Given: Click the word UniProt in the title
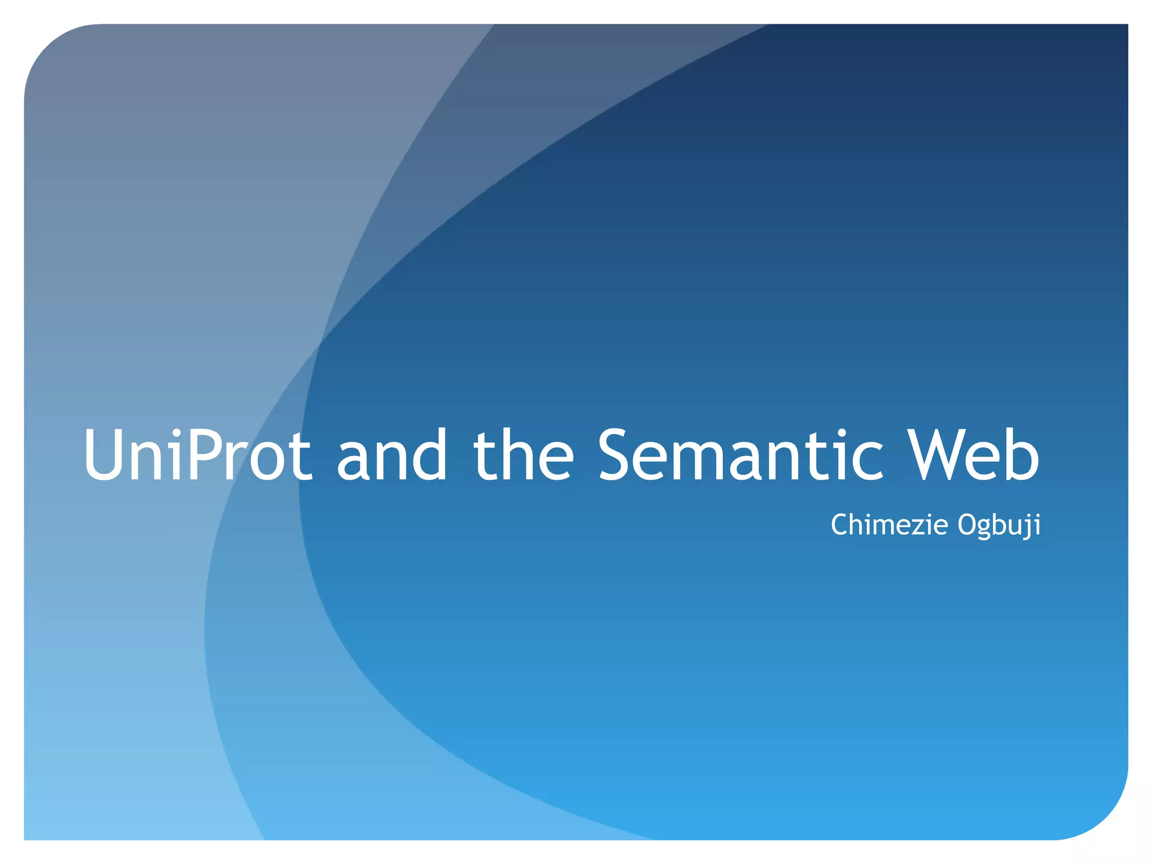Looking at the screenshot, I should [197, 456].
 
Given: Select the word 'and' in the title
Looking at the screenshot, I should [391, 456].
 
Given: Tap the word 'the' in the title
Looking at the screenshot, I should [523, 456].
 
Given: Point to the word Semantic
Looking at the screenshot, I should [740, 456].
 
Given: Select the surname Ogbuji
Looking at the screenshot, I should [999, 526].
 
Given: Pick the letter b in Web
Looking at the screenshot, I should [1021, 456].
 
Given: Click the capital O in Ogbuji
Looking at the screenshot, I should [969, 525].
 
